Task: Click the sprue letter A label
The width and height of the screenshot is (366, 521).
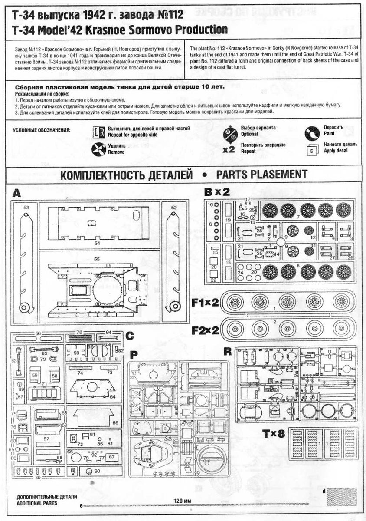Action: coord(16,193)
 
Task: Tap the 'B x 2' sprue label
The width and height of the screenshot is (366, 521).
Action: coord(217,192)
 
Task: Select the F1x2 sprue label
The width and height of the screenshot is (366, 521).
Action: coord(206,302)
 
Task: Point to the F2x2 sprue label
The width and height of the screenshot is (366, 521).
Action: coord(206,330)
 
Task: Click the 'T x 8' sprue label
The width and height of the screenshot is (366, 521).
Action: coord(273,434)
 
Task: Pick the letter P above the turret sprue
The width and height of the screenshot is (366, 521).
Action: coord(134,354)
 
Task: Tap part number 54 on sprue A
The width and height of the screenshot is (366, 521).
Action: coord(97,244)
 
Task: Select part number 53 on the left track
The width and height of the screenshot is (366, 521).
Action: coord(26,208)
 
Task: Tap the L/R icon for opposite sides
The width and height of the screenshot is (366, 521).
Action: coord(99,132)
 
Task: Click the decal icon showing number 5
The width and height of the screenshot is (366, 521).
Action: coord(313,150)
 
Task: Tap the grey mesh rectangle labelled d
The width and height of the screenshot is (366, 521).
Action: coord(343,497)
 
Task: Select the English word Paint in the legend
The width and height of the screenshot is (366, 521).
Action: coord(329,134)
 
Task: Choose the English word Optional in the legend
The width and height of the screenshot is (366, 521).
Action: coord(249,134)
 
